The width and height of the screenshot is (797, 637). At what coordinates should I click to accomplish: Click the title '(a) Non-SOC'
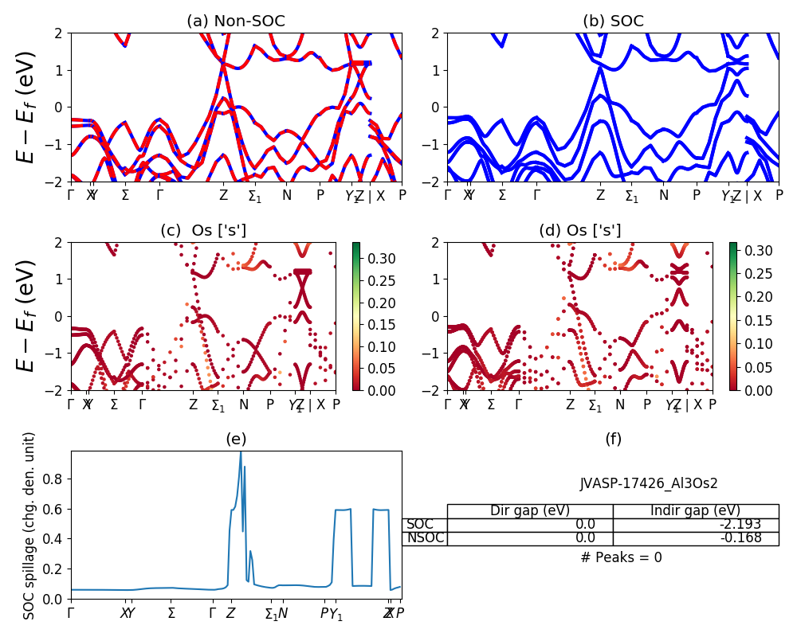pos(235,21)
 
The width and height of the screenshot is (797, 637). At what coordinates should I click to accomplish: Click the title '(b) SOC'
pos(613,21)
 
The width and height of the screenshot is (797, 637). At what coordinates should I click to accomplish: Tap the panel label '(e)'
pos(236,439)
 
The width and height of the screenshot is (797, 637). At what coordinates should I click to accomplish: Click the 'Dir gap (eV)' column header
pos(530,510)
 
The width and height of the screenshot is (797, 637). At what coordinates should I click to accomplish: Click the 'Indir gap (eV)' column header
pos(695,510)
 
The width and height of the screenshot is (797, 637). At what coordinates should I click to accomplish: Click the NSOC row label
pos(425,537)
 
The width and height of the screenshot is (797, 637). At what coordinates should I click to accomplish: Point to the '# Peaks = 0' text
pos(621,557)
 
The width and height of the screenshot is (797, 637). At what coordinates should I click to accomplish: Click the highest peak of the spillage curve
pos(241,452)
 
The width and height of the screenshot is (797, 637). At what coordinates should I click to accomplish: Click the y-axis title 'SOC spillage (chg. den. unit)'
pos(29,526)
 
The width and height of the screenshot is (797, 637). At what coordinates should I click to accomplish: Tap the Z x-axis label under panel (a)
pos(224,195)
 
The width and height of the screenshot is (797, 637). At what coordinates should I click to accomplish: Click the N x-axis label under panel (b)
pos(663,195)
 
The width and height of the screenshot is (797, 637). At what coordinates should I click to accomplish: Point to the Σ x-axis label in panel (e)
pos(171,613)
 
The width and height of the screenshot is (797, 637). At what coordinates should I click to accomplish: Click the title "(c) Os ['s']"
pos(203,231)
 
